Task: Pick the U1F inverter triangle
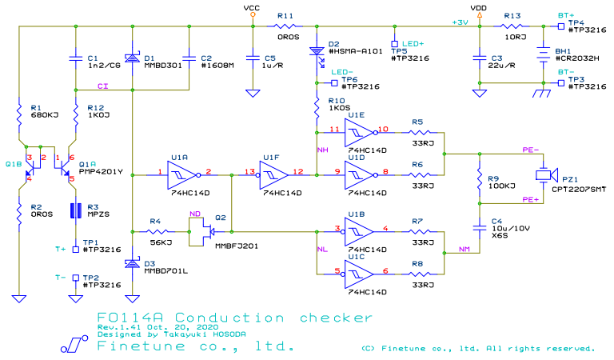[270, 174]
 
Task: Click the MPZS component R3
[75, 211]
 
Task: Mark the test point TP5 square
[395, 44]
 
